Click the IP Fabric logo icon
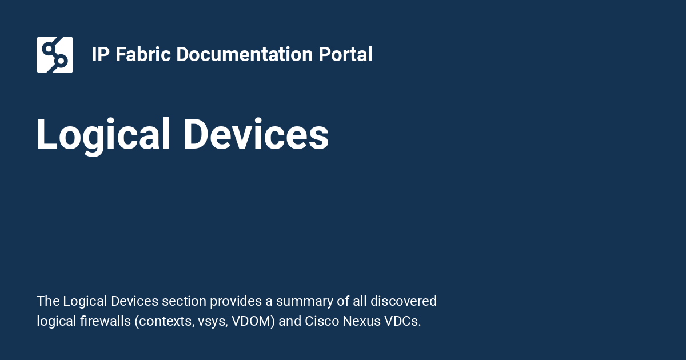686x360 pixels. tap(55, 55)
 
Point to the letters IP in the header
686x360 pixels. tap(101, 55)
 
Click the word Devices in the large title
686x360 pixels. tap(256, 135)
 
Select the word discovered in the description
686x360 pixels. tap(404, 301)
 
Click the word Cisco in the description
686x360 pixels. tap(322, 321)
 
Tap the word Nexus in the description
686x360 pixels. tap(359, 321)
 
